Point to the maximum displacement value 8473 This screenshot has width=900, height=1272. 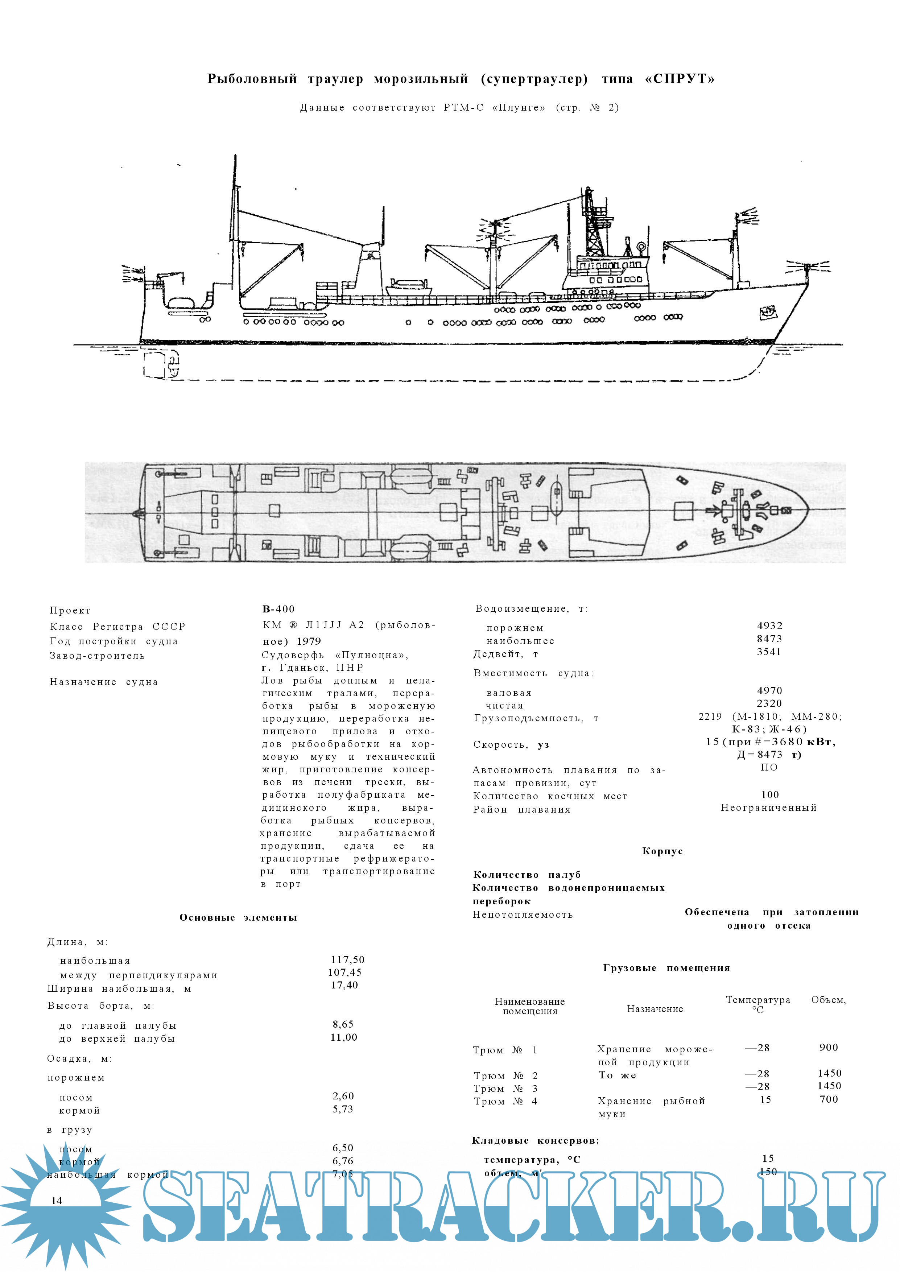click(769, 639)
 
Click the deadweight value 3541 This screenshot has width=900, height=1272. click(769, 652)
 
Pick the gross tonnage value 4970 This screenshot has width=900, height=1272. click(769, 691)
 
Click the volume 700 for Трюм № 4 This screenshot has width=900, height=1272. click(829, 1099)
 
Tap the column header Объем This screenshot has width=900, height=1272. click(828, 1000)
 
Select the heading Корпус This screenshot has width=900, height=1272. click(662, 851)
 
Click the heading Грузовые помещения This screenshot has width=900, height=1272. click(666, 968)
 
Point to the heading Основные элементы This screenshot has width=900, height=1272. click(238, 917)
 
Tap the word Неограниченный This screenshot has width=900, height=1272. click(769, 808)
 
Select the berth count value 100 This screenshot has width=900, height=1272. click(770, 795)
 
